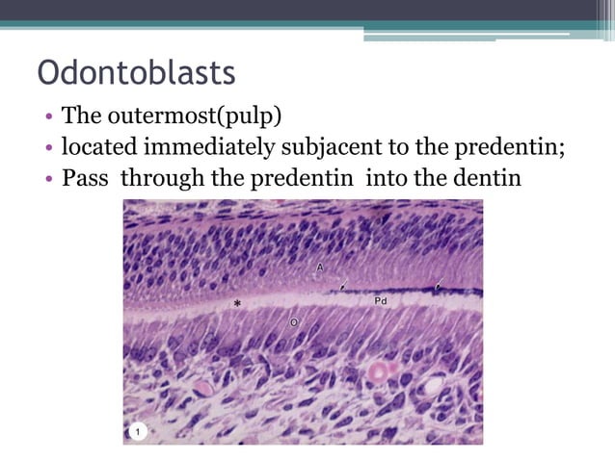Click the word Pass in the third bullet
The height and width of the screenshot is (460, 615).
83,178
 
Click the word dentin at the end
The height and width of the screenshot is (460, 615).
487,178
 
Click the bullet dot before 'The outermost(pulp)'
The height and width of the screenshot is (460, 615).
47,118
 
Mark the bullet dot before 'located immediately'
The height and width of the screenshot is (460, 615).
47,148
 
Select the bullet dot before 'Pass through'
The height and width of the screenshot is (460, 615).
47,179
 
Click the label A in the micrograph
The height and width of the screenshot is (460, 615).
319,266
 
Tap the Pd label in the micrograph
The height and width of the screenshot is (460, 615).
381,301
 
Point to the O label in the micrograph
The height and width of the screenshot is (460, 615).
294,322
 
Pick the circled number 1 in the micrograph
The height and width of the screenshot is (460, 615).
138,432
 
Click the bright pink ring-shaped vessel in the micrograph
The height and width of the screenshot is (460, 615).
376,371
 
